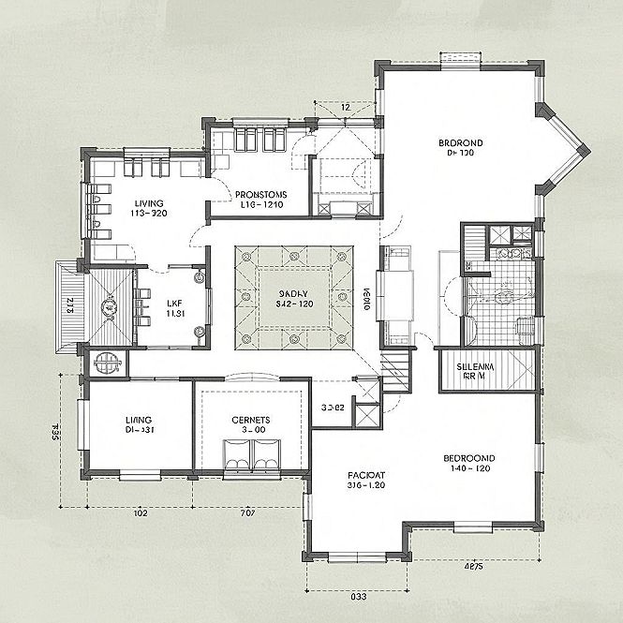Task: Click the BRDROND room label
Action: (460, 143)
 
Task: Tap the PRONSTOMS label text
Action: (260, 195)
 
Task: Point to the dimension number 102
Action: (141, 512)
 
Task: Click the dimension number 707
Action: (248, 512)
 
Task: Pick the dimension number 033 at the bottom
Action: (357, 595)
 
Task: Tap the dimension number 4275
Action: (473, 566)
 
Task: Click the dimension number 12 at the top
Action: (346, 108)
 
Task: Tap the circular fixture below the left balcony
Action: (106, 362)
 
